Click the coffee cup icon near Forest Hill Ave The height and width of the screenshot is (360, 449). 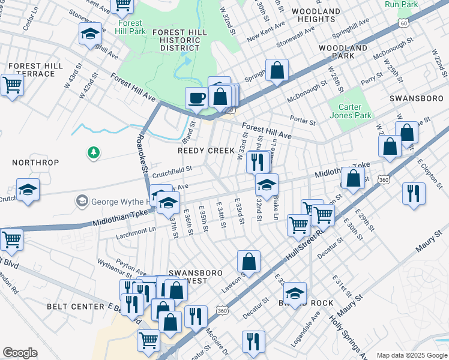coord(196,98)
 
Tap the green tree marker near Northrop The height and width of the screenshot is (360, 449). coord(93,154)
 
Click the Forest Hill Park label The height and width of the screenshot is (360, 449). coord(129,28)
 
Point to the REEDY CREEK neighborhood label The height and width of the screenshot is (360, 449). coord(206,151)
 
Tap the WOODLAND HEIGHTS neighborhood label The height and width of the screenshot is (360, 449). coord(316,15)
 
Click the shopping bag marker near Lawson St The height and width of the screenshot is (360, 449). coord(249,262)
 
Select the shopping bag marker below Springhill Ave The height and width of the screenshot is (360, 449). coord(277,70)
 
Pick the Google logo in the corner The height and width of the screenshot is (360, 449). coord(20,353)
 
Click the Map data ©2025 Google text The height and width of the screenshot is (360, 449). coord(411,355)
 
